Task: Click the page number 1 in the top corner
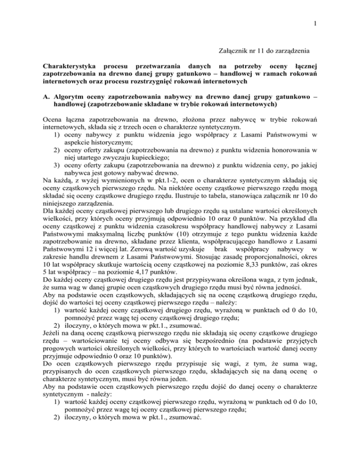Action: [351, 9]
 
